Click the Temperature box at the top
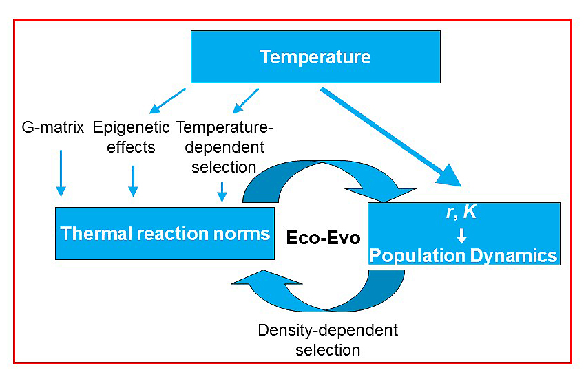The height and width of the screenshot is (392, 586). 315,56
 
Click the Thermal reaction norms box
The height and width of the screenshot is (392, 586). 165,233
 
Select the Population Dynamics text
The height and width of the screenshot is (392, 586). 463,256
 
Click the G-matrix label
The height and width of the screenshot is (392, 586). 52,127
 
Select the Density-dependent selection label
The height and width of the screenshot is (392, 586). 328,340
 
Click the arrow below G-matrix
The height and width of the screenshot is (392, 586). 61,172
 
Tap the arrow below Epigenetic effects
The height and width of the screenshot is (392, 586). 134,181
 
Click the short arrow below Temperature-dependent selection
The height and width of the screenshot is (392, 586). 222,191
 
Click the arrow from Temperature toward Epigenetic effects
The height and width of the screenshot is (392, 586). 167,100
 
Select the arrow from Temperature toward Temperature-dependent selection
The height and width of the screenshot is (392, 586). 246,100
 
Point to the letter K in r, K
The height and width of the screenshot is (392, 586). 469,213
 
